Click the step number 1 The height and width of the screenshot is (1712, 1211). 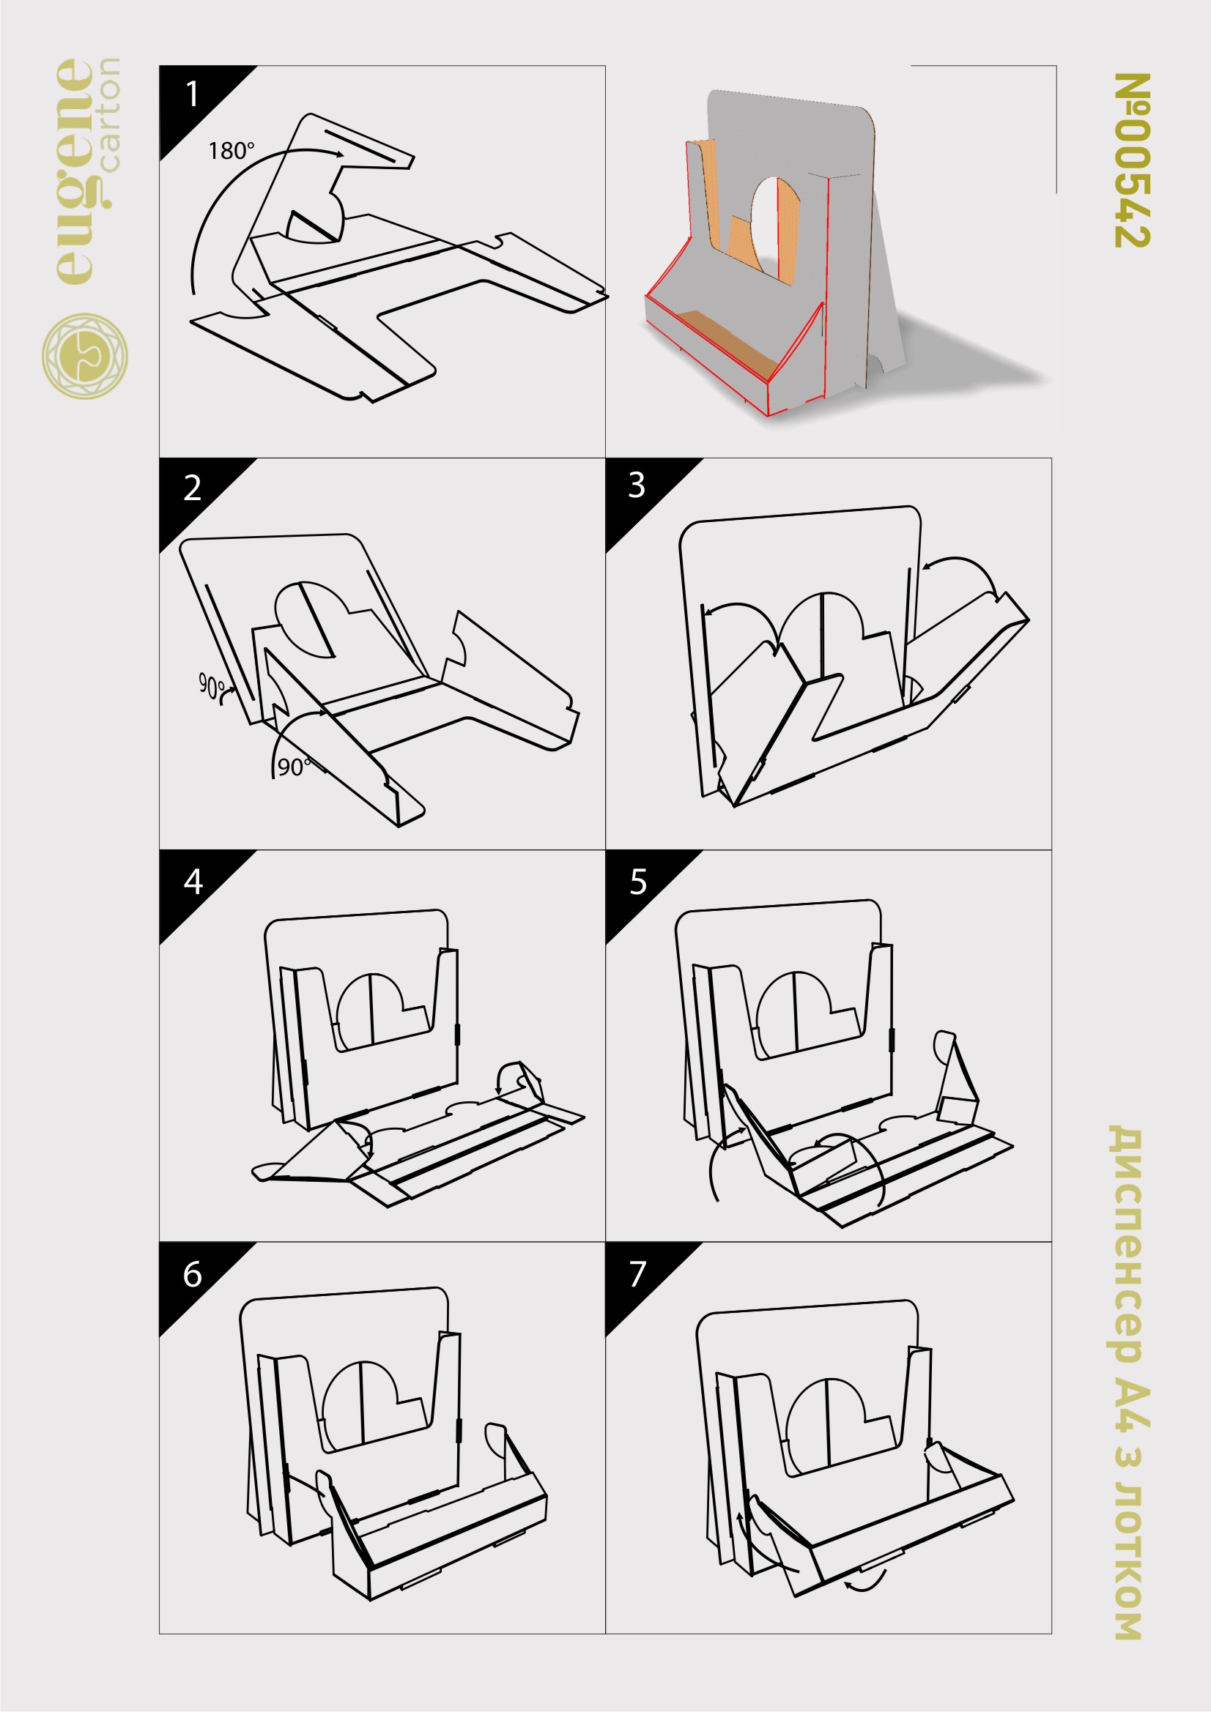pyautogui.click(x=192, y=94)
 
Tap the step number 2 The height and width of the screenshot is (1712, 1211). pyautogui.click(x=192, y=488)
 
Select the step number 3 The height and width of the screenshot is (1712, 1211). pyautogui.click(x=637, y=485)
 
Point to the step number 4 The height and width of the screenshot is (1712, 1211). pyautogui.click(x=193, y=882)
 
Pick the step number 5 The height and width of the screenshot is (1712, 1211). pyautogui.click(x=638, y=882)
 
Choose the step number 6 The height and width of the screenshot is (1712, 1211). pyautogui.click(x=193, y=1274)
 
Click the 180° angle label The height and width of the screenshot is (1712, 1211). pyautogui.click(x=232, y=152)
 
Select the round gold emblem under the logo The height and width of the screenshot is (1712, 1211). pyautogui.click(x=84, y=356)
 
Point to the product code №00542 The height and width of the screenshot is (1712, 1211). pyautogui.click(x=1133, y=160)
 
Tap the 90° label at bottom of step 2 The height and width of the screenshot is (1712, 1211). pyautogui.click(x=292, y=767)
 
